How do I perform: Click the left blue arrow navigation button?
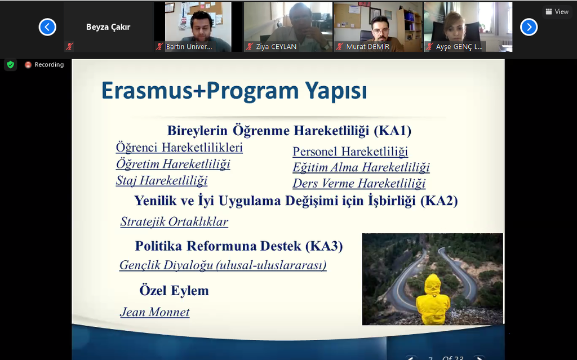(47, 27)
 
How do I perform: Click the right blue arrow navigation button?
(529, 27)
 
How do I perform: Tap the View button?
(557, 12)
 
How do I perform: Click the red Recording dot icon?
(28, 65)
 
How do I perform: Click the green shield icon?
(11, 65)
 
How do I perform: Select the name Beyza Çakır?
(108, 27)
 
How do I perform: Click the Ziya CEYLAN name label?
(276, 47)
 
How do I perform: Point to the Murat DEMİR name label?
(367, 47)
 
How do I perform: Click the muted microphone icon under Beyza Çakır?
(69, 46)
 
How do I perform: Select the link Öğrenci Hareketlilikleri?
(179, 148)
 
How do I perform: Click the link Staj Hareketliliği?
(162, 180)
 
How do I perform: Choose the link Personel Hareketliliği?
(350, 152)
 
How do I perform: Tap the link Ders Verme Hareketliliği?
(359, 183)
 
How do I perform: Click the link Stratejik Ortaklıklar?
(174, 221)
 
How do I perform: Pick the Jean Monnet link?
(154, 312)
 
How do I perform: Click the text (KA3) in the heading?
(324, 246)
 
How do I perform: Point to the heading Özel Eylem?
(174, 291)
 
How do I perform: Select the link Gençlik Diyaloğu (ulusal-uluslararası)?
(223, 265)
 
